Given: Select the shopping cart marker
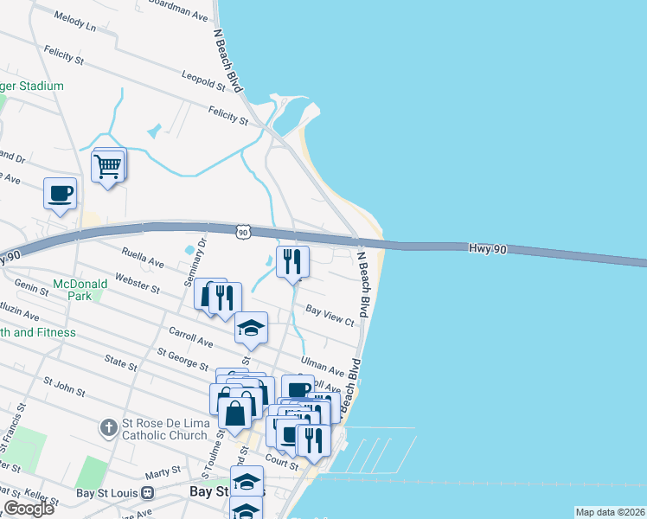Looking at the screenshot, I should [x=107, y=165].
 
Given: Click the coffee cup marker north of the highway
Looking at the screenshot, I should [x=60, y=194].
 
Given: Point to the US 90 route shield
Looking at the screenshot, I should [x=245, y=232].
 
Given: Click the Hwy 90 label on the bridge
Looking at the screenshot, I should [x=487, y=247].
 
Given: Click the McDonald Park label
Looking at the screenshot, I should [x=80, y=289].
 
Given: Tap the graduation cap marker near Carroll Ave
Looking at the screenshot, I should [x=251, y=327].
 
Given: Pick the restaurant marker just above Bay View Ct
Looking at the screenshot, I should [x=292, y=260].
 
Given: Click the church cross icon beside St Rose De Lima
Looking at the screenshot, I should [x=107, y=426].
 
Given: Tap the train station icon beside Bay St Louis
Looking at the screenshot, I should [x=148, y=492].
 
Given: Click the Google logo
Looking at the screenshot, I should [x=29, y=509].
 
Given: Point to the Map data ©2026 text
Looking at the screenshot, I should [x=610, y=512].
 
